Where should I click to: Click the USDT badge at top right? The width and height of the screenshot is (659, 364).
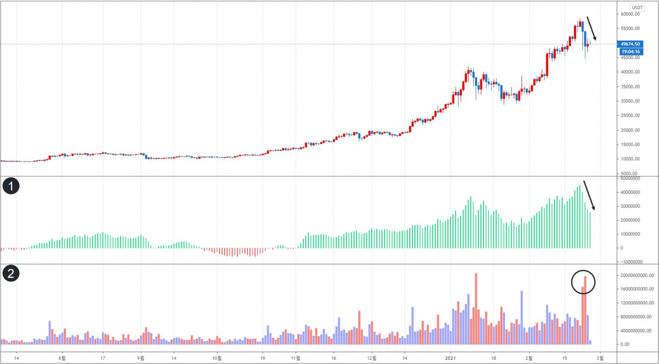tap(637, 8)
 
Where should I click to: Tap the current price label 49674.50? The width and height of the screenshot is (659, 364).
tap(631, 44)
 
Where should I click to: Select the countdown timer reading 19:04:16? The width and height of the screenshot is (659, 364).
tap(631, 52)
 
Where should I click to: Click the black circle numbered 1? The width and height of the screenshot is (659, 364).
tap(11, 186)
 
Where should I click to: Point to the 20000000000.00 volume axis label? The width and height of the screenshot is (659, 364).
tap(636, 276)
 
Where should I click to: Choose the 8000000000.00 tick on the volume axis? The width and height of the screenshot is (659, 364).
tap(636, 317)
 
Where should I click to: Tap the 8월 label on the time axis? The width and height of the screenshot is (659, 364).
tap(62, 357)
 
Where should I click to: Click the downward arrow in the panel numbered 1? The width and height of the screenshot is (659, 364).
tap(589, 195)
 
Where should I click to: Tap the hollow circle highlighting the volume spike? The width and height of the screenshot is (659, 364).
tap(583, 282)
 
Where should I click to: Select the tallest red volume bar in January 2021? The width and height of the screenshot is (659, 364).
tap(476, 308)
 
